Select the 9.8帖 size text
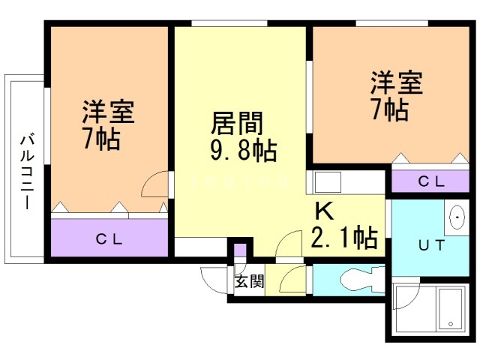coord(242,151)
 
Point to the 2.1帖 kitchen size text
coord(343,238)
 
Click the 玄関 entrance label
coord(249,282)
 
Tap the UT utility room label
coord(430,244)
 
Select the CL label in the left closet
coord(109,239)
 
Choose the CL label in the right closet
coord(430,181)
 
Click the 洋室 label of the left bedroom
coord(108,112)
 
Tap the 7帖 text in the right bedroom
coord(389,110)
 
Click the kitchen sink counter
coord(327,183)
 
